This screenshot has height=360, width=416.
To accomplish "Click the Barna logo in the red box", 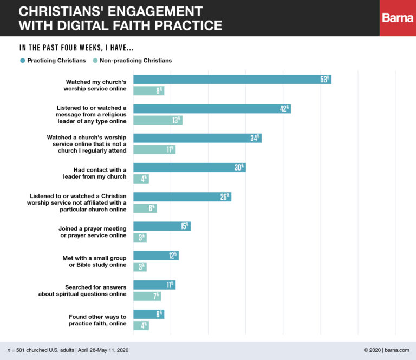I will coord(398,18).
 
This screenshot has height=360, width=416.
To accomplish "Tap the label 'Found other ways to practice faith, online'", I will coord(97,320).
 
